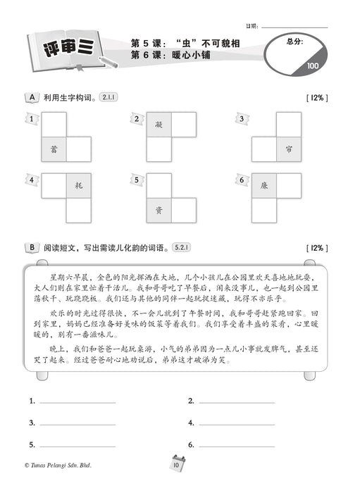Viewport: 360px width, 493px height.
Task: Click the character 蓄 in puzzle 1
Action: [x=54, y=149]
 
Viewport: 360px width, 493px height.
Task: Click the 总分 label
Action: [x=295, y=42]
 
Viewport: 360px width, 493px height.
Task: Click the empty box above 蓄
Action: [x=54, y=125]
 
